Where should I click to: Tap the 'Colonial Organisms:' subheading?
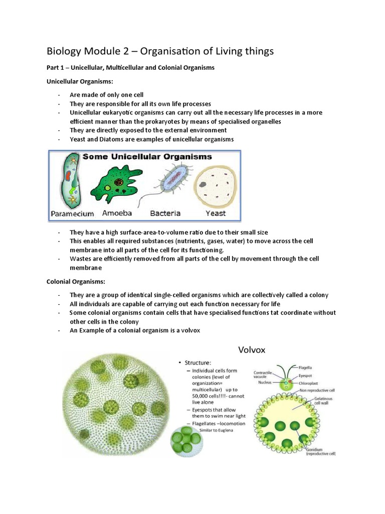point(72,282)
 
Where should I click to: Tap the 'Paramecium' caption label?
point(72,213)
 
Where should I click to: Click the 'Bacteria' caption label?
point(165,213)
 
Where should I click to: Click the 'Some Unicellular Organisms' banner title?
point(147,157)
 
